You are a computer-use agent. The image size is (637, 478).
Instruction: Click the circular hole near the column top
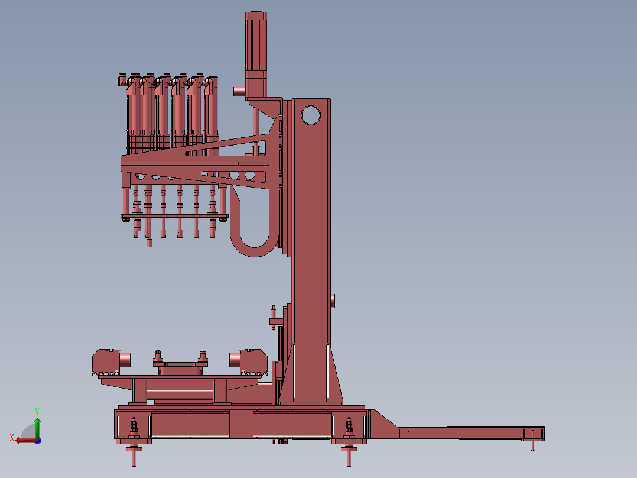click(311, 115)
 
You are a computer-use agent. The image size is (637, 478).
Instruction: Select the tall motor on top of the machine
click(256, 54)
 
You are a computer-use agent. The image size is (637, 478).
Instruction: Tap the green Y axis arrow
click(37, 428)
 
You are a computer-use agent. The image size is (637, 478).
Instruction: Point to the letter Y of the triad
click(37, 411)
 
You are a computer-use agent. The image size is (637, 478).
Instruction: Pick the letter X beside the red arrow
click(12, 437)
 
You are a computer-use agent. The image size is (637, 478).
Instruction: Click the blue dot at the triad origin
click(38, 441)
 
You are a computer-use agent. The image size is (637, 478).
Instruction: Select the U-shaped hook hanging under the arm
click(253, 228)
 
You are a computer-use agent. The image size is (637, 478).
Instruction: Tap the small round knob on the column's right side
click(333, 301)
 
